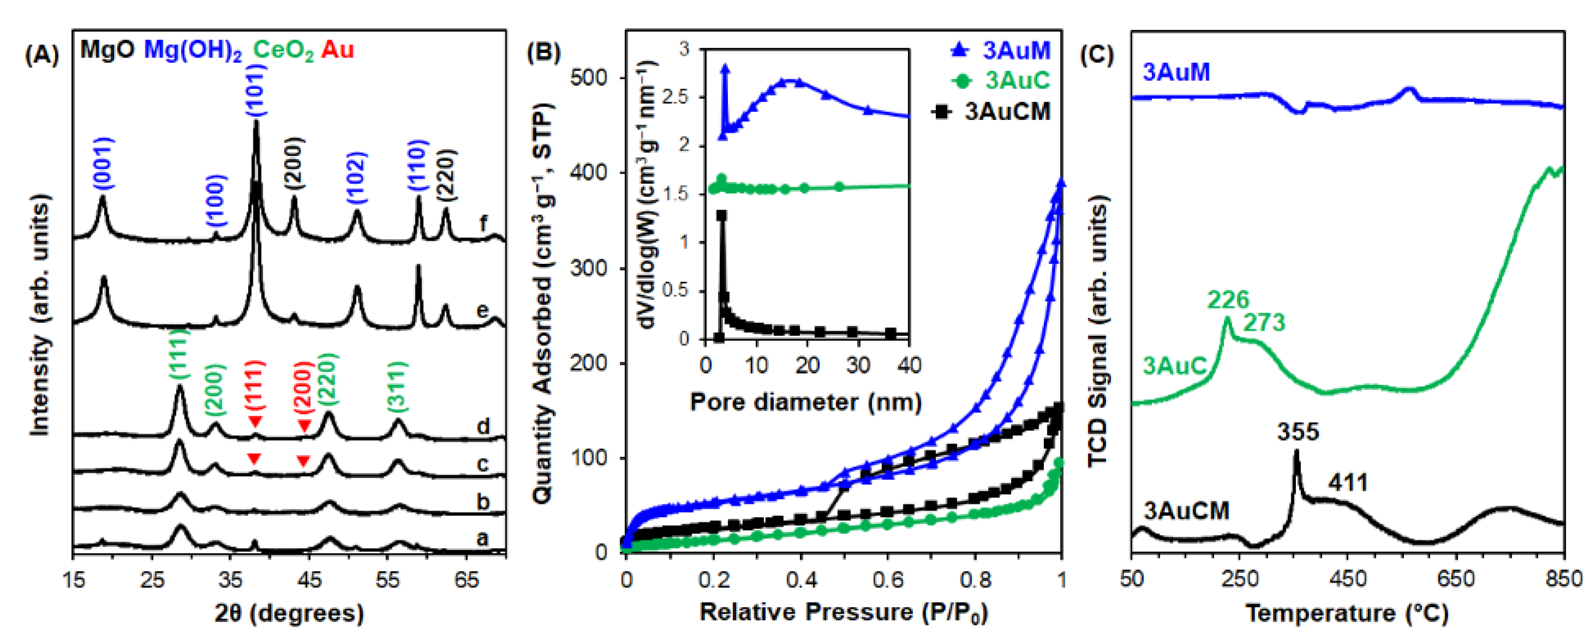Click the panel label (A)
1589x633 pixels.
coord(42,55)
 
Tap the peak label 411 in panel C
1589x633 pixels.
coord(1348,482)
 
